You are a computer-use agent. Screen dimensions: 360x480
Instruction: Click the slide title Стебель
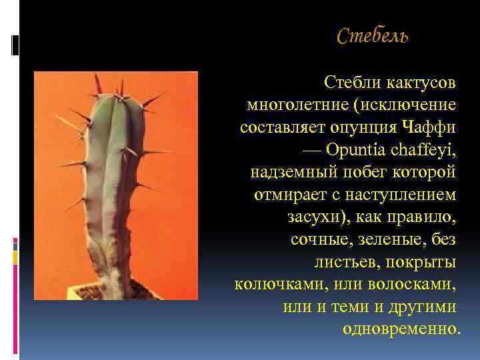point(373,36)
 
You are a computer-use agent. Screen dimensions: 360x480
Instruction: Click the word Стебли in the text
point(347,83)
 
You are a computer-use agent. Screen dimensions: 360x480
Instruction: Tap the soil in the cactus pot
point(100,291)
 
